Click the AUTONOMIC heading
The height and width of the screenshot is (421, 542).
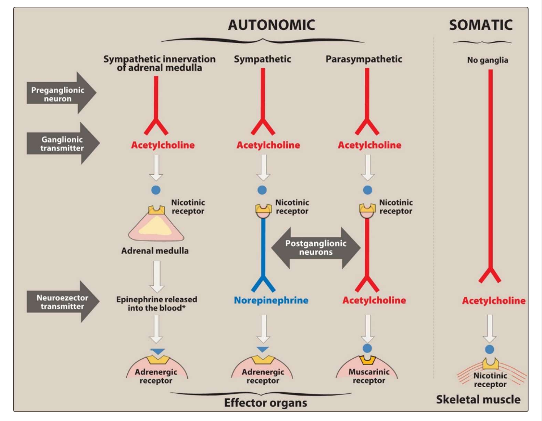pos(271,25)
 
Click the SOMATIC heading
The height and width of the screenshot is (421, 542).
pos(480,25)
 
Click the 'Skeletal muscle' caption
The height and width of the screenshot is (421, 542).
pos(478,399)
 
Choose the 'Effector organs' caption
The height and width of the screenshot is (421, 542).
pos(265,403)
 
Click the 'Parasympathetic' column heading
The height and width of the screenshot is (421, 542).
pos(364,59)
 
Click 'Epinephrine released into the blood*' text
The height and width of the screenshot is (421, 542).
pos(157,303)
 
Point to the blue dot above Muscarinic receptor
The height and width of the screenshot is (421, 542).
pos(368,348)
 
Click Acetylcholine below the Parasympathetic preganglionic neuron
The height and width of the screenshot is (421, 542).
pos(369,145)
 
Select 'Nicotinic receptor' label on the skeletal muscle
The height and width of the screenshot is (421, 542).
pos(490,380)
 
